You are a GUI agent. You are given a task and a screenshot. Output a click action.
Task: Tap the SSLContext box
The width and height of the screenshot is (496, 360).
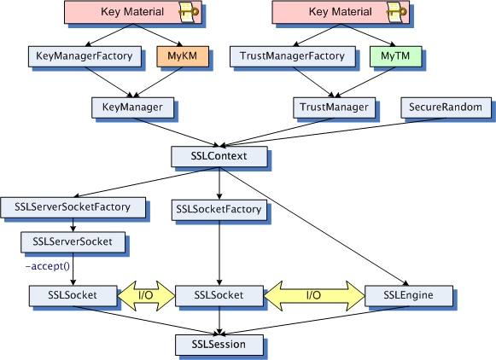click(219, 157)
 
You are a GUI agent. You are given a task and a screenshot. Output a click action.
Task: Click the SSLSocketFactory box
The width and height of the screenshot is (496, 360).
click(219, 207)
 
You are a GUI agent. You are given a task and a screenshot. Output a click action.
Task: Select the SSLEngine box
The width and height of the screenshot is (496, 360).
click(409, 295)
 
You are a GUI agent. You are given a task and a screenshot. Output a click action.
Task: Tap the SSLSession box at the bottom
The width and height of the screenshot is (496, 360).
click(219, 344)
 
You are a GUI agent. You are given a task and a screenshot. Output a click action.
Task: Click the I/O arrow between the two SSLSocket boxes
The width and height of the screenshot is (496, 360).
click(145, 295)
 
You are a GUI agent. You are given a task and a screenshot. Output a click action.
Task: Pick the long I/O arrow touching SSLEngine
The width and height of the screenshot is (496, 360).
click(313, 295)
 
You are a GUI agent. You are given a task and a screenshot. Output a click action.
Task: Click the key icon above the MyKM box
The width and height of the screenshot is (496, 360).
click(189, 12)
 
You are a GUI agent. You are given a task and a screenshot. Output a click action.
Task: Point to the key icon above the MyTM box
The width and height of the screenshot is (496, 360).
click(394, 12)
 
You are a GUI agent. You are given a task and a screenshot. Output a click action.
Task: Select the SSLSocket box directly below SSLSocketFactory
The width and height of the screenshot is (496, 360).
click(219, 295)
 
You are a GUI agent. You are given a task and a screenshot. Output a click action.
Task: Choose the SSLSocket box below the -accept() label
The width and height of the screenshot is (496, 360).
click(73, 295)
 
